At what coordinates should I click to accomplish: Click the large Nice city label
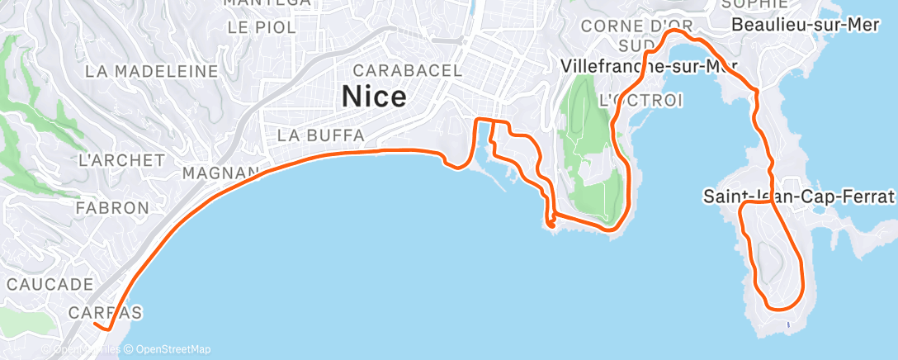point(374,97)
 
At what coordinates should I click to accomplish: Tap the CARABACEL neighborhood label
point(408,70)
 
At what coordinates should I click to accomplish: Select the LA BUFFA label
point(321,135)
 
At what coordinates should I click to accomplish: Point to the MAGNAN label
point(220,173)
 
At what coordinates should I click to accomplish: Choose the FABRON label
point(111,208)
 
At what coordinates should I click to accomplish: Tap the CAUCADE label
point(49,284)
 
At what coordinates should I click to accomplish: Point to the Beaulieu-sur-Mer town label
point(806,25)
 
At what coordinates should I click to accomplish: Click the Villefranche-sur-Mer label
point(649,65)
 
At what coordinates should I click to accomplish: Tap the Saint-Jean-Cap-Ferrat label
point(798,197)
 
